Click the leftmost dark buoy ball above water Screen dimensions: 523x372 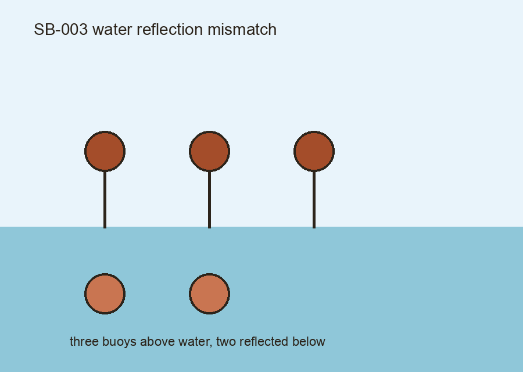[x=105, y=152]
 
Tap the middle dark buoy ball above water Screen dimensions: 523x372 [x=209, y=152]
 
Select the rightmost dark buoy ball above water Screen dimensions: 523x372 [x=314, y=152]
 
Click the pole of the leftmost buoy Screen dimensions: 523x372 [x=105, y=200]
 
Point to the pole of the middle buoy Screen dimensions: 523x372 [x=209, y=200]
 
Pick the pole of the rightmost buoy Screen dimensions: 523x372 [x=314, y=200]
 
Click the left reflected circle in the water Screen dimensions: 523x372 [x=105, y=294]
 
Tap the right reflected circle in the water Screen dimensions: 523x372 [x=209, y=294]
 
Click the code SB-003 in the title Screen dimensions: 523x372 [x=60, y=30]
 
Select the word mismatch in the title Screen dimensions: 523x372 [x=242, y=30]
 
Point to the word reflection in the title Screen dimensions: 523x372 [x=170, y=30]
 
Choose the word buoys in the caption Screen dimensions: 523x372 [x=119, y=342]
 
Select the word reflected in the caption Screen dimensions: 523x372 [x=264, y=341]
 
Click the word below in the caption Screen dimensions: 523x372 [x=309, y=341]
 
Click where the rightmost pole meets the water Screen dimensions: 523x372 [x=314, y=227]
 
